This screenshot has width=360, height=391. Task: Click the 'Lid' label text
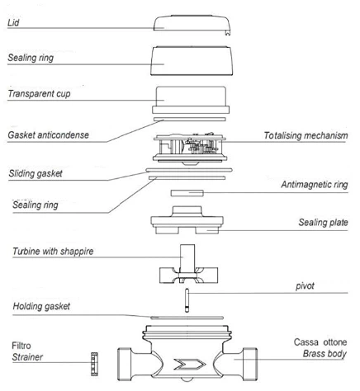(x=13, y=22)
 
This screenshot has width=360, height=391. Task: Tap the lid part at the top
(x=192, y=24)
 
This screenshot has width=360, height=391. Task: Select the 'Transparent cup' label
(x=39, y=94)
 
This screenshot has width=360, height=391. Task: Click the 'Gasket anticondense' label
(x=48, y=135)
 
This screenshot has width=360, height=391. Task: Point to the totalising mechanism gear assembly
(x=190, y=148)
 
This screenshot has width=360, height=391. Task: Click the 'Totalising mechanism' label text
(x=306, y=135)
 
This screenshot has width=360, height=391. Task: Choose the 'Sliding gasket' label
(x=36, y=173)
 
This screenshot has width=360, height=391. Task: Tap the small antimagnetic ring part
(x=187, y=193)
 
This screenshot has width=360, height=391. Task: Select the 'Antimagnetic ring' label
(x=315, y=185)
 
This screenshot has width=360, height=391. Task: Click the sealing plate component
(x=187, y=220)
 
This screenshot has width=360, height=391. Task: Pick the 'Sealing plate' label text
(x=323, y=222)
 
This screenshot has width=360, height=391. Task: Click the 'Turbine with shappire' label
(x=53, y=252)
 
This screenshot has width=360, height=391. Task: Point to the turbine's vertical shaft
(x=187, y=258)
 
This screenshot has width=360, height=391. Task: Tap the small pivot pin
(x=187, y=300)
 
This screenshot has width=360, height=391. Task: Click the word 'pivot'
(x=305, y=286)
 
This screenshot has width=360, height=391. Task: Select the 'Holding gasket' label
(x=41, y=306)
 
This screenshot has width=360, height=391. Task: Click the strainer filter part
(x=94, y=364)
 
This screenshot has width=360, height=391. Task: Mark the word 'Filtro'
(x=21, y=346)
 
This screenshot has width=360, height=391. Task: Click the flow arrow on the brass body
(x=190, y=364)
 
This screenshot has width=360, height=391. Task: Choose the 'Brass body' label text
(x=324, y=354)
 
